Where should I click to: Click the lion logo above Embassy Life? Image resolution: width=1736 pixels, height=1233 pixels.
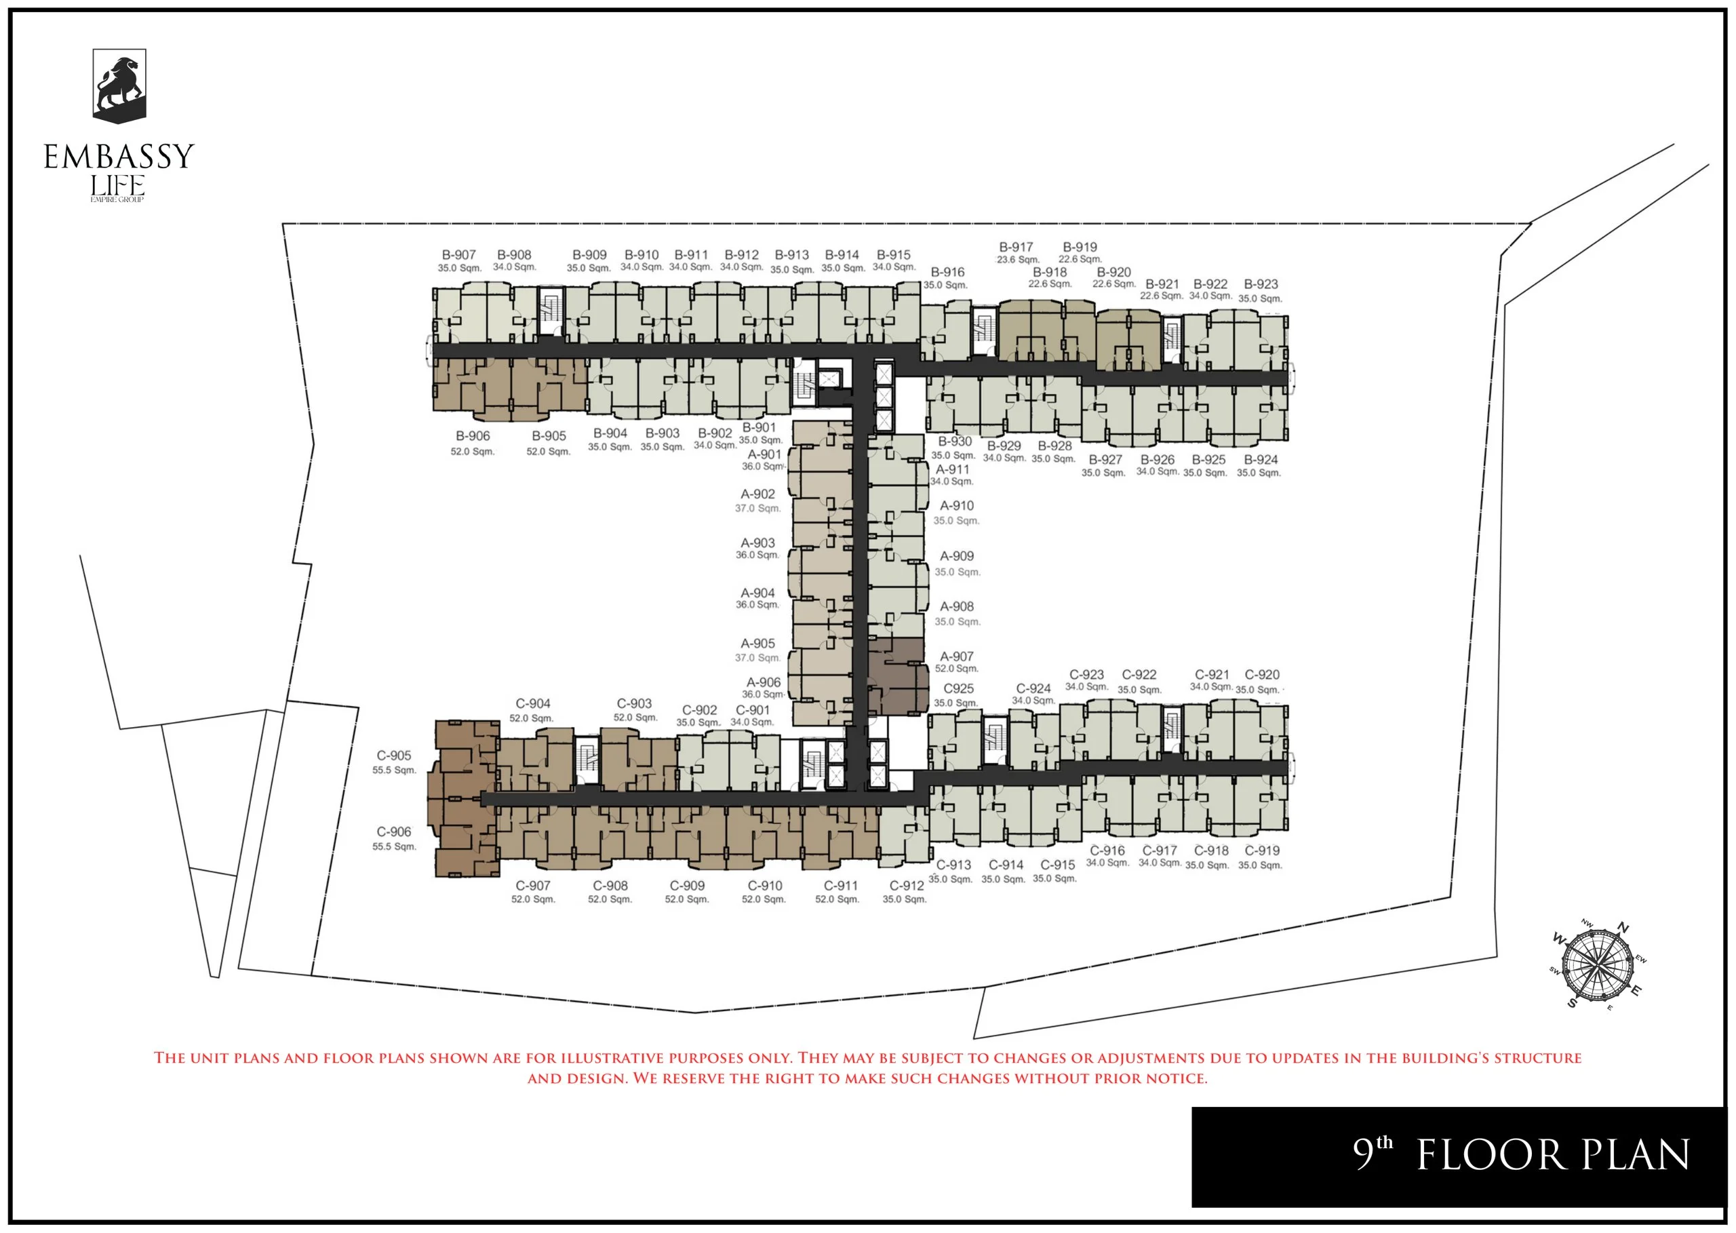(119, 85)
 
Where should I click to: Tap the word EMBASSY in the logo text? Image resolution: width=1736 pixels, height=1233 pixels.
(119, 157)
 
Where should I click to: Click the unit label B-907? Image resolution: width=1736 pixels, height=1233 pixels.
(458, 255)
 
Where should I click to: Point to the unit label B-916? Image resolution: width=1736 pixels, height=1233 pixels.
(947, 272)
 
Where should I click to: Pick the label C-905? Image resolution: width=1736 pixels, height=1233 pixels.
(394, 756)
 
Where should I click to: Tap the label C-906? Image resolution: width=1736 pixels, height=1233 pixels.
(394, 831)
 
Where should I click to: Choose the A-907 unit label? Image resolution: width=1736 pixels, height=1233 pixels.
(956, 656)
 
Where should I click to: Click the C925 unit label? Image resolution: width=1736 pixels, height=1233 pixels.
(958, 688)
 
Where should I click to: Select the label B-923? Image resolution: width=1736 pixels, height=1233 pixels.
(1260, 284)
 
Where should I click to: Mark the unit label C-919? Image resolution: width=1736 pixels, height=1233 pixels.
(1261, 850)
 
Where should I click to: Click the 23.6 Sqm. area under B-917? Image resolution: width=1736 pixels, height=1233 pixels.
(1018, 260)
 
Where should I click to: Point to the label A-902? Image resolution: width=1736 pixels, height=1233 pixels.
(757, 494)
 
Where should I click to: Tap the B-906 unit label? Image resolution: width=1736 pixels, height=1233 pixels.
(472, 436)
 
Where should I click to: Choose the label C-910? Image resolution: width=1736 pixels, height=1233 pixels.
(764, 885)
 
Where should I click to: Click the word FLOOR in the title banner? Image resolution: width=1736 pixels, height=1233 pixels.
(1488, 1156)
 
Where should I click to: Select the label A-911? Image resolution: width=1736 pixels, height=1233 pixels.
(952, 469)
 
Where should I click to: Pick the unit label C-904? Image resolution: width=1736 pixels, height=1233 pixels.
(532, 704)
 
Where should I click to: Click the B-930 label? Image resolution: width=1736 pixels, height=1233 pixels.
(954, 441)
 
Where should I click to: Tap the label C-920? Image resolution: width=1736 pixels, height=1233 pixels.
(1261, 674)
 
